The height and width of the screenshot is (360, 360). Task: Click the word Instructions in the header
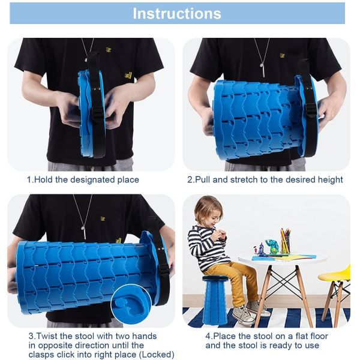pyautogui.click(x=177, y=13)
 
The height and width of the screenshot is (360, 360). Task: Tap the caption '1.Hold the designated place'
pyautogui.click(x=83, y=179)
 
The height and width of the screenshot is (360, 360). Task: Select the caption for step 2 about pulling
pyautogui.click(x=265, y=179)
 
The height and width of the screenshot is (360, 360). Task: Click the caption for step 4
pyautogui.click(x=266, y=341)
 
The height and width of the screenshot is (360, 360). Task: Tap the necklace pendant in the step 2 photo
pyautogui.click(x=262, y=71)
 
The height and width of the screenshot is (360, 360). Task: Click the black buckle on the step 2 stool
pyautogui.click(x=311, y=109)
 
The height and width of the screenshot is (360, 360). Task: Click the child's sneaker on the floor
pyautogui.click(x=243, y=315)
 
